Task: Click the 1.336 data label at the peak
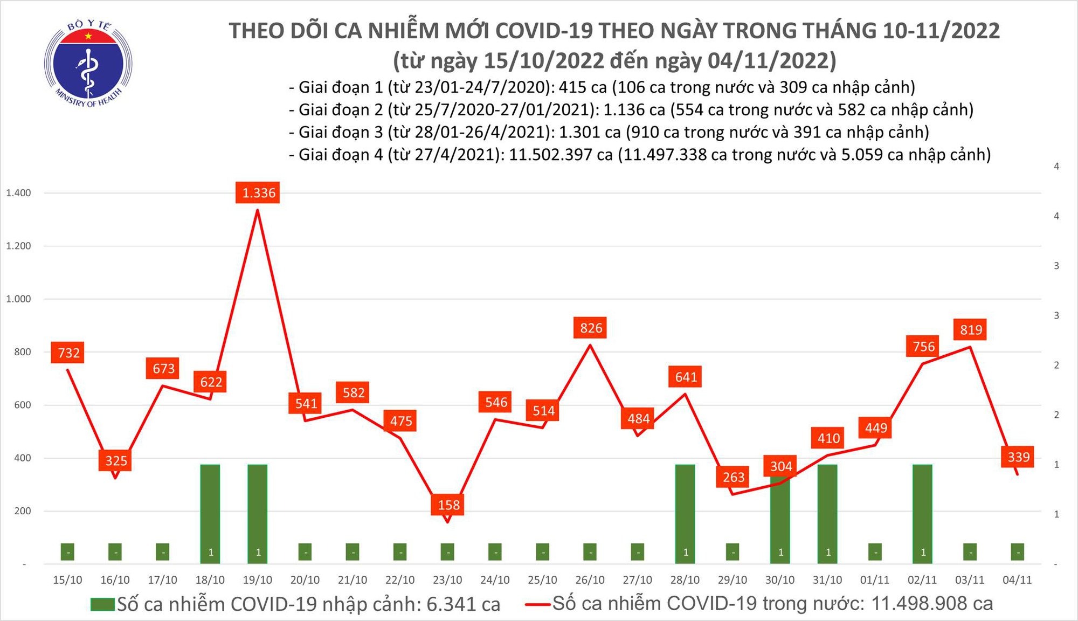click(x=258, y=192)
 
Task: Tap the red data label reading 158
click(x=448, y=505)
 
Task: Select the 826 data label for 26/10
click(x=591, y=328)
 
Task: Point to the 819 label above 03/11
click(x=971, y=329)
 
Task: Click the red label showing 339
click(x=1018, y=457)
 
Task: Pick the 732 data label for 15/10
click(x=68, y=353)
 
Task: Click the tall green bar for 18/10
click(x=210, y=512)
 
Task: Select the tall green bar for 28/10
click(x=685, y=512)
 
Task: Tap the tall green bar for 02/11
click(x=922, y=512)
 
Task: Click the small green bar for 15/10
click(x=67, y=551)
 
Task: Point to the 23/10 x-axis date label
click(x=447, y=580)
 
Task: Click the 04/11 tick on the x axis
click(x=1017, y=580)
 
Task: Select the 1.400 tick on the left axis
click(x=18, y=192)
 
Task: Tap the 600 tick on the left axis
click(x=22, y=405)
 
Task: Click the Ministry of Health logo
click(x=88, y=64)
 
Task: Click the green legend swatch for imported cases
click(x=102, y=604)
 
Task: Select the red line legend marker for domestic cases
click(x=537, y=604)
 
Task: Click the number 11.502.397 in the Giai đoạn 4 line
click(x=561, y=155)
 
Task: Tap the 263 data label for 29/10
click(x=733, y=477)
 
